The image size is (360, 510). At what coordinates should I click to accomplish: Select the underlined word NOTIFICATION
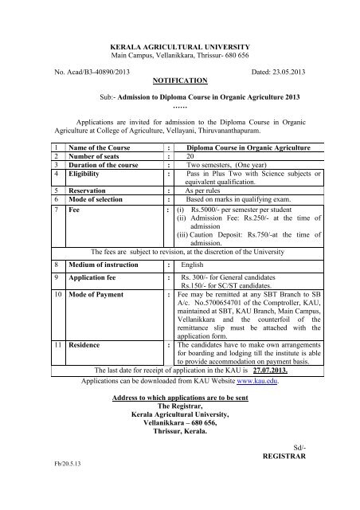tap(179, 80)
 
